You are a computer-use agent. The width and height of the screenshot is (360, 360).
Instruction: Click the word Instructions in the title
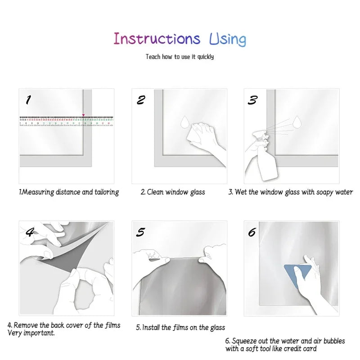[157, 39]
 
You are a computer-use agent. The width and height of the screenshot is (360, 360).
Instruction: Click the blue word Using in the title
[228, 40]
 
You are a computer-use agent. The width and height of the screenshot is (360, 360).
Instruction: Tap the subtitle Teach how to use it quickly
[180, 57]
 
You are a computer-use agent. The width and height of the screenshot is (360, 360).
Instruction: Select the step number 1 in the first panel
[28, 100]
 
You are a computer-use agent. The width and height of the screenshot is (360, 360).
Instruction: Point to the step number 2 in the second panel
[141, 100]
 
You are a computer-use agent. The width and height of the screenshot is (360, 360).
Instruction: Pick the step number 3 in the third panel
[252, 100]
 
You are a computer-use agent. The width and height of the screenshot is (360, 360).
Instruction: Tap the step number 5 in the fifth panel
[140, 232]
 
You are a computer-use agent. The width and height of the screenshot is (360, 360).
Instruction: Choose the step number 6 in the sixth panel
[252, 232]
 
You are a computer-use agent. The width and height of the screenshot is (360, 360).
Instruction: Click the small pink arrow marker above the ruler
[83, 115]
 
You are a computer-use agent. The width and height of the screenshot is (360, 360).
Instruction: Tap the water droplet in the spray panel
[297, 121]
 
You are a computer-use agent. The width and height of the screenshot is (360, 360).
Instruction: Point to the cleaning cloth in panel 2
[196, 134]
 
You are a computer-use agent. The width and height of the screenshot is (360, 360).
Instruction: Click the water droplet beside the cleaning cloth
[184, 122]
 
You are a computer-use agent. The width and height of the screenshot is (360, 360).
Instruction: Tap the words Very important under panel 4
[31, 333]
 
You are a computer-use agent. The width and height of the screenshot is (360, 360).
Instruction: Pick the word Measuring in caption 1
[38, 192]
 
